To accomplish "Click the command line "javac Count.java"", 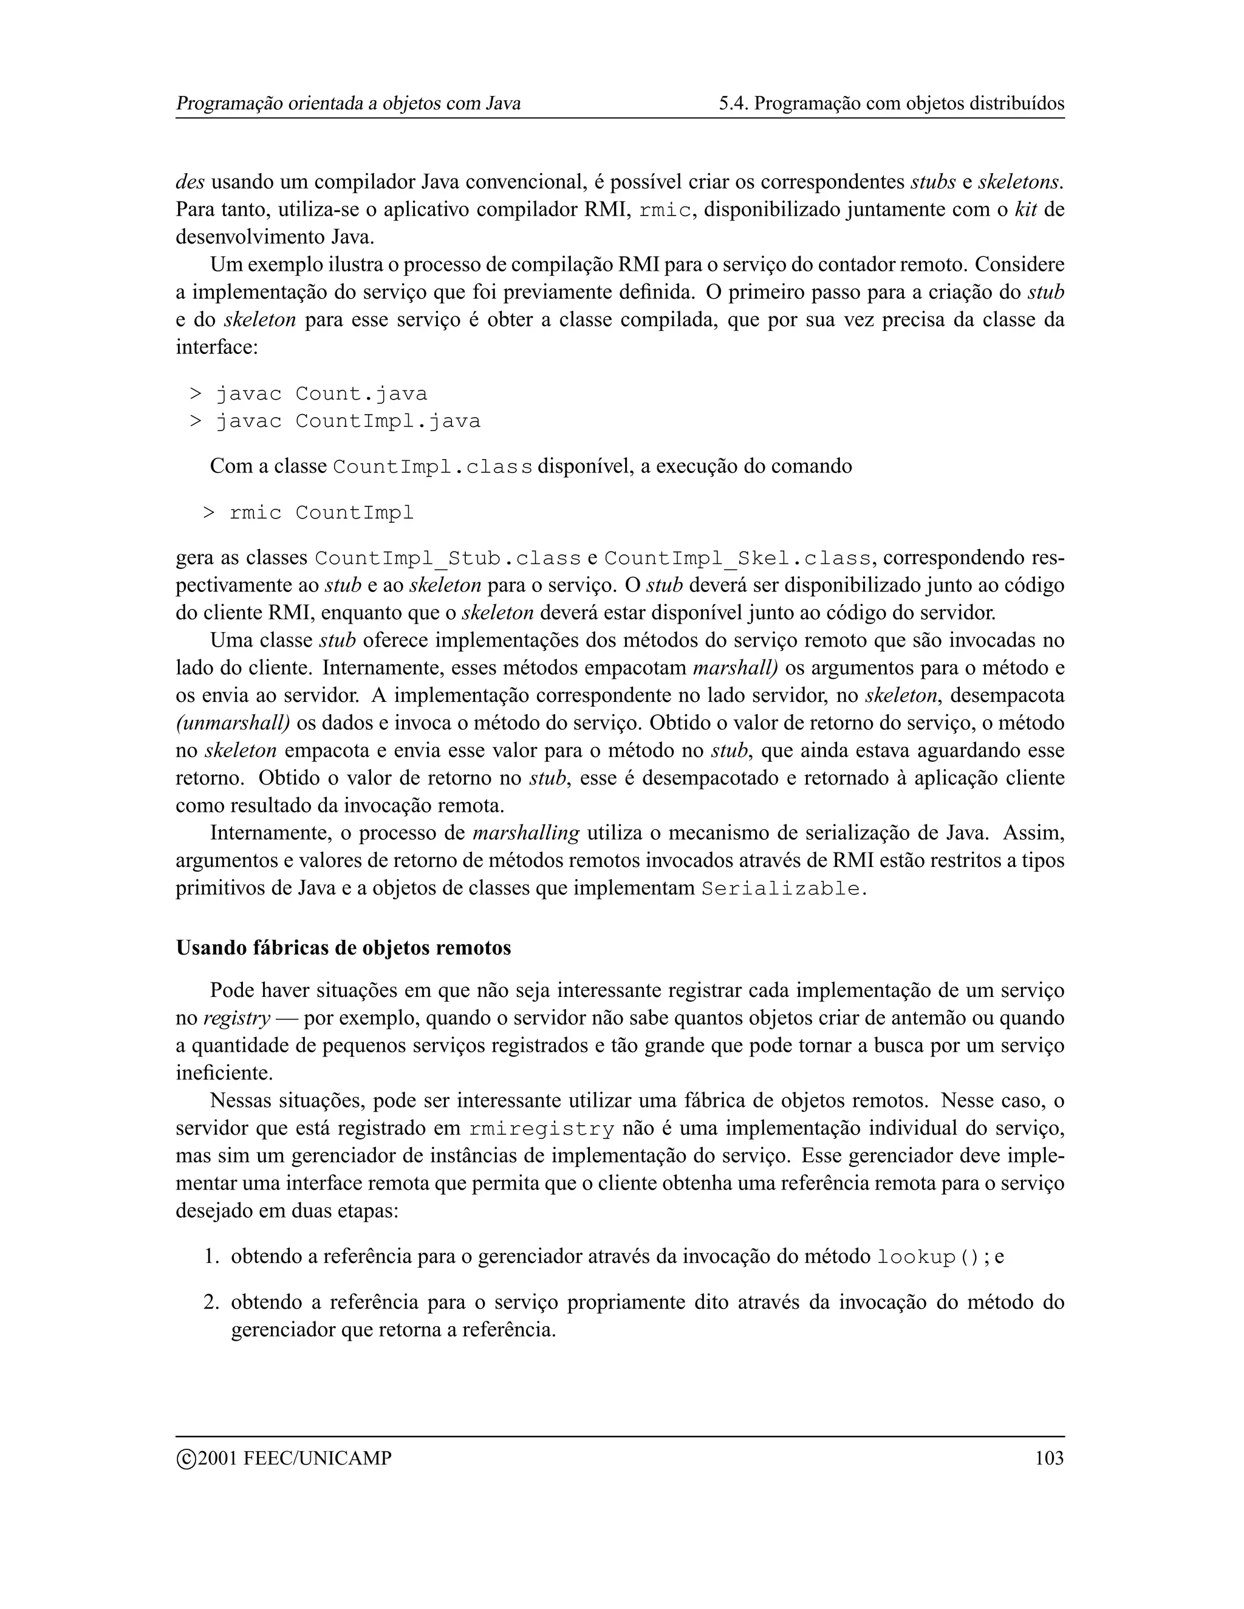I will [x=321, y=394].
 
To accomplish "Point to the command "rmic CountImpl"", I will [x=321, y=513].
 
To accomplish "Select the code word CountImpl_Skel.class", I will [x=737, y=559].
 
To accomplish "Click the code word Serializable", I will [x=781, y=890].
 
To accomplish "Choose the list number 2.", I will [x=211, y=1302].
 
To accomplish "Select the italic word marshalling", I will [x=525, y=833].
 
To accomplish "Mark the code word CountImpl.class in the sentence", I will [x=432, y=467].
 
